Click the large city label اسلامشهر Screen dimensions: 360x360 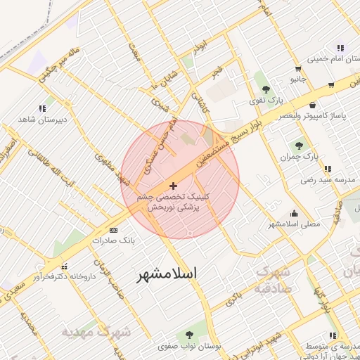(165, 273)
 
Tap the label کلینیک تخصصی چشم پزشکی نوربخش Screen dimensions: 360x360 (173, 202)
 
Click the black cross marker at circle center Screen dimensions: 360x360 (174, 185)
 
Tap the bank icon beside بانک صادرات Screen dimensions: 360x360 (115, 230)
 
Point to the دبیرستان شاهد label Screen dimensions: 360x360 (42, 119)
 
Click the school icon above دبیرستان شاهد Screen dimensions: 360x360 (42, 108)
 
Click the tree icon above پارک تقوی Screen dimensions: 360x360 (266, 89)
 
